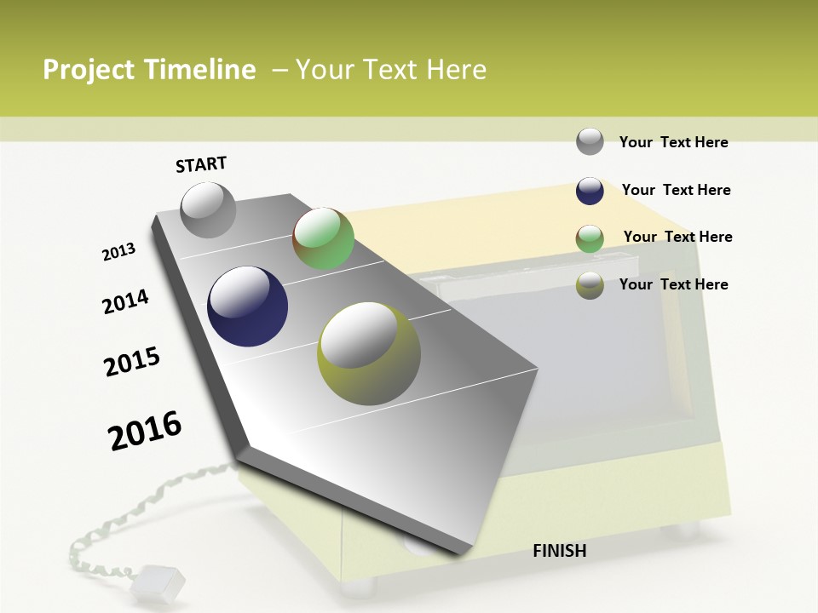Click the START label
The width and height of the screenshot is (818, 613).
(201, 164)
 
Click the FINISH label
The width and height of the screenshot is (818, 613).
(560, 551)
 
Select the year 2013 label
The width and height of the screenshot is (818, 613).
(119, 252)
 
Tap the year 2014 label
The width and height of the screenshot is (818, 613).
(125, 301)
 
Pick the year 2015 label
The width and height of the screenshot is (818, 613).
(132, 362)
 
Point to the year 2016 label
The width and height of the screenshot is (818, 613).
(145, 430)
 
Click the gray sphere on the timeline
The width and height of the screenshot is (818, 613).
(208, 209)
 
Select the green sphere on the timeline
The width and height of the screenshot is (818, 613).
(323, 238)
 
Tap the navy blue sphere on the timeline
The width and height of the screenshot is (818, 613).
(247, 306)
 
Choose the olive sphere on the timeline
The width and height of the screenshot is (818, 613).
(369, 353)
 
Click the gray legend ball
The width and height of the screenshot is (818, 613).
(590, 141)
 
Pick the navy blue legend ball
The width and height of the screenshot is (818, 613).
(590, 191)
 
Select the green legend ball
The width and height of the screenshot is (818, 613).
(590, 238)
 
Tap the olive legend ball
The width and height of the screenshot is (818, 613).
(590, 285)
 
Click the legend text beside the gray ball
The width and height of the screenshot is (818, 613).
(673, 142)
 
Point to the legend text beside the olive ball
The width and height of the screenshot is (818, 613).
(673, 284)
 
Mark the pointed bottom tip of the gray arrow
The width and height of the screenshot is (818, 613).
(457, 554)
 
